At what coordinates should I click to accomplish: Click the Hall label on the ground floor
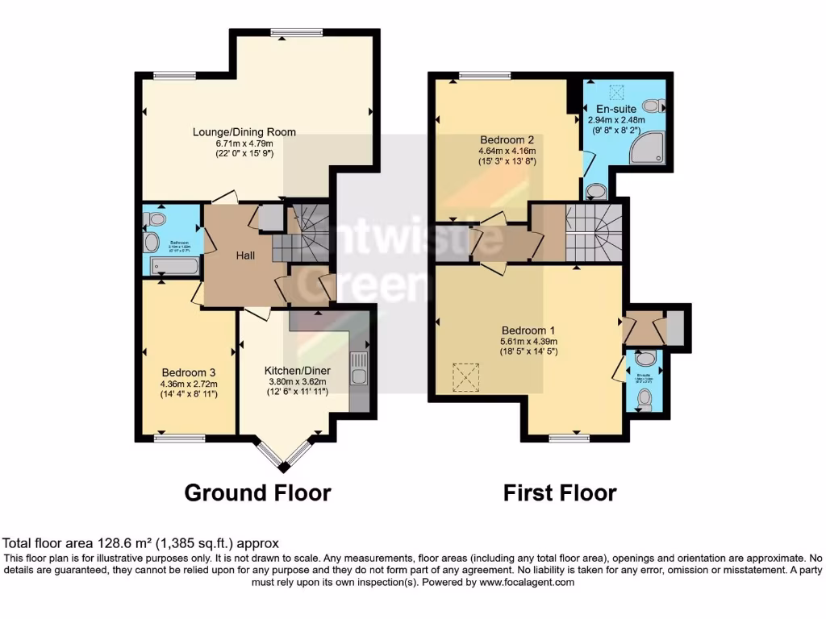pos(245,255)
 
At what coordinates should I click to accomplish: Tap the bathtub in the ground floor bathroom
pos(174,265)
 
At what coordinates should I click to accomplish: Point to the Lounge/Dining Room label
pos(244,131)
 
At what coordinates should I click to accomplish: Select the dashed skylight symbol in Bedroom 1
pos(465,376)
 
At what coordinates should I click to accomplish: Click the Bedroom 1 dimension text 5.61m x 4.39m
pos(529,341)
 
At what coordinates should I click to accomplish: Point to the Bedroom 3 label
pos(188,372)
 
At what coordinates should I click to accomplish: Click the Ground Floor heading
pos(257,492)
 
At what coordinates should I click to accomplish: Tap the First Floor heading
pos(560,492)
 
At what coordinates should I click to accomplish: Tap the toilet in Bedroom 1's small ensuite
pos(644,397)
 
